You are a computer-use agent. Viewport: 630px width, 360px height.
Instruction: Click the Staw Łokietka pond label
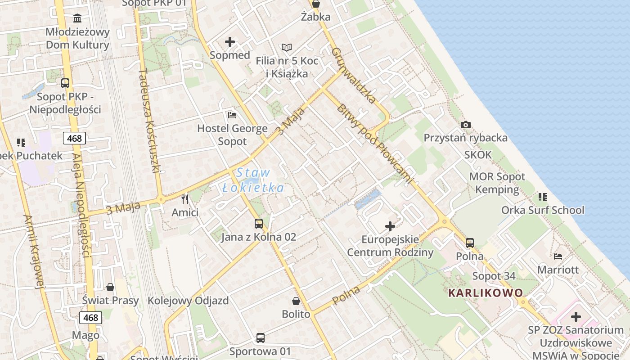point(254,180)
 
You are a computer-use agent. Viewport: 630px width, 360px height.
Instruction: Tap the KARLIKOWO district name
point(486,293)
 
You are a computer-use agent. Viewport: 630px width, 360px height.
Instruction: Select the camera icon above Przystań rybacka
point(466,125)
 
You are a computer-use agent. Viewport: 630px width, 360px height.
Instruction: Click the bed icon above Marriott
point(558,256)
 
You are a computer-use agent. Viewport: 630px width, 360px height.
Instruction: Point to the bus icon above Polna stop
point(470,243)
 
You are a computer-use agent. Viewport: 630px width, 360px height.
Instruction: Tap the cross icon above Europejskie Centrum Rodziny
point(390,226)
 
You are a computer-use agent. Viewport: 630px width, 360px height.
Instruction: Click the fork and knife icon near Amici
point(185,199)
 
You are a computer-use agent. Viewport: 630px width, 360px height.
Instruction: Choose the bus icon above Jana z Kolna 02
point(259,224)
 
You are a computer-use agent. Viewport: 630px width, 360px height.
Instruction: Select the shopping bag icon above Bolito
point(296,301)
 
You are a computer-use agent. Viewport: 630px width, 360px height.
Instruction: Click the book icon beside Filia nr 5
point(287,47)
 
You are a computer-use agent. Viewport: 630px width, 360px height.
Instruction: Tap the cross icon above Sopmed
point(230,42)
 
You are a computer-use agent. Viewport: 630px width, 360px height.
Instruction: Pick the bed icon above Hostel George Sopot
point(232,115)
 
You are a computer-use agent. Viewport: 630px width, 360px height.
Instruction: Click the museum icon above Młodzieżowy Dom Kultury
point(77,18)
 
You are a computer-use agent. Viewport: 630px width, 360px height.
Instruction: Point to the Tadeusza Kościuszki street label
point(150,121)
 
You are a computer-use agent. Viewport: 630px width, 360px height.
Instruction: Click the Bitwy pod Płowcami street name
point(374,144)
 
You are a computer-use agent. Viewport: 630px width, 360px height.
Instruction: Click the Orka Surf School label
point(543,210)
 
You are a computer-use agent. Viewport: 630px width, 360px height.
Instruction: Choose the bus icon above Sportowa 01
point(260,337)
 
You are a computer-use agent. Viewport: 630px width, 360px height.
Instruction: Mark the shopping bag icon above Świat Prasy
point(110,287)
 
